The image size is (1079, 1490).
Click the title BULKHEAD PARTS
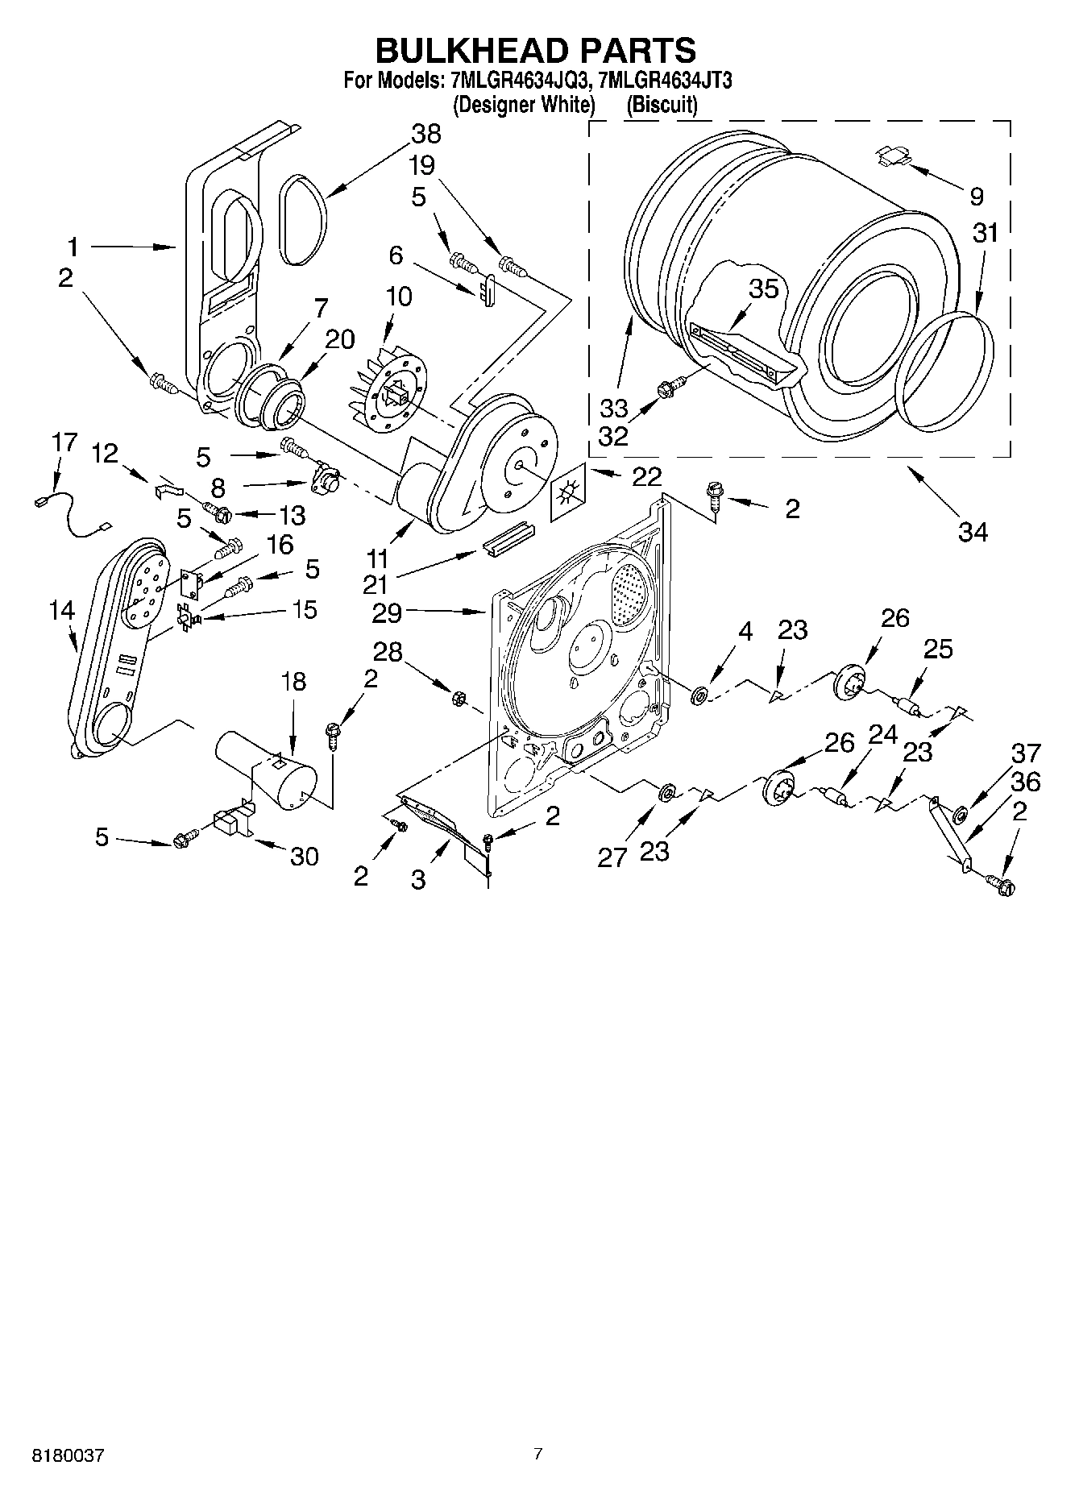click(536, 50)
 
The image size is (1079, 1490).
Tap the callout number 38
click(425, 134)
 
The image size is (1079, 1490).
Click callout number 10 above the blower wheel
click(398, 297)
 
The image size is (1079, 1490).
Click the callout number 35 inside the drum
click(763, 288)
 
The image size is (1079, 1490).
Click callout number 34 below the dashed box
click(972, 531)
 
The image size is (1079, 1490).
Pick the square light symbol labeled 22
click(570, 492)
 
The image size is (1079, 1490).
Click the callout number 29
click(387, 613)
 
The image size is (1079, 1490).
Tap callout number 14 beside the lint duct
click(62, 610)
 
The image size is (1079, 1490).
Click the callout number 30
click(304, 856)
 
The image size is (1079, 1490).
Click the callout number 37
click(1026, 754)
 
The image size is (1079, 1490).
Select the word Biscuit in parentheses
click(662, 105)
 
